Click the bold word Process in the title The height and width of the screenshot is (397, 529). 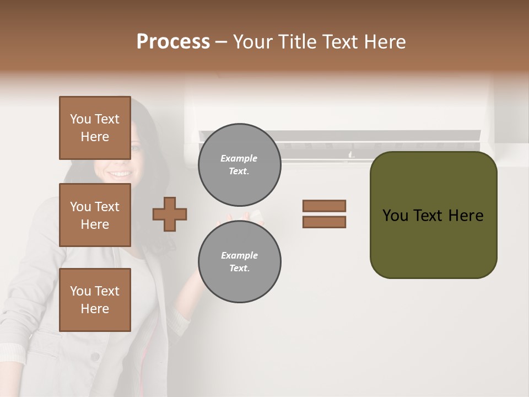tap(173, 42)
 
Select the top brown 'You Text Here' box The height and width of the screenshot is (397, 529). tap(95, 128)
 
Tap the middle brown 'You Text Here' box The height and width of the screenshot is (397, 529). tap(95, 215)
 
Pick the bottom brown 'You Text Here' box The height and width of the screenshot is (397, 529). tap(95, 300)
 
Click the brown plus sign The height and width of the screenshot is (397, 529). tap(170, 214)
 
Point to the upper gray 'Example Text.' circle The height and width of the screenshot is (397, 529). tap(239, 165)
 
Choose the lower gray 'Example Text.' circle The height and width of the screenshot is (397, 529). tap(239, 262)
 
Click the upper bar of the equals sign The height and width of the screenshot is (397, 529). tap(324, 206)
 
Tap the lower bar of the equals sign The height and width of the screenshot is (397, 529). tap(324, 222)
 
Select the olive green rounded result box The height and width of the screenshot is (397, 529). tap(433, 215)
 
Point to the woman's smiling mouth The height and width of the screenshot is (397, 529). tap(118, 174)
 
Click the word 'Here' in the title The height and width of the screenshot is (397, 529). tap(386, 42)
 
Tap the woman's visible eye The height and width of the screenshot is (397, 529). tap(135, 147)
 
